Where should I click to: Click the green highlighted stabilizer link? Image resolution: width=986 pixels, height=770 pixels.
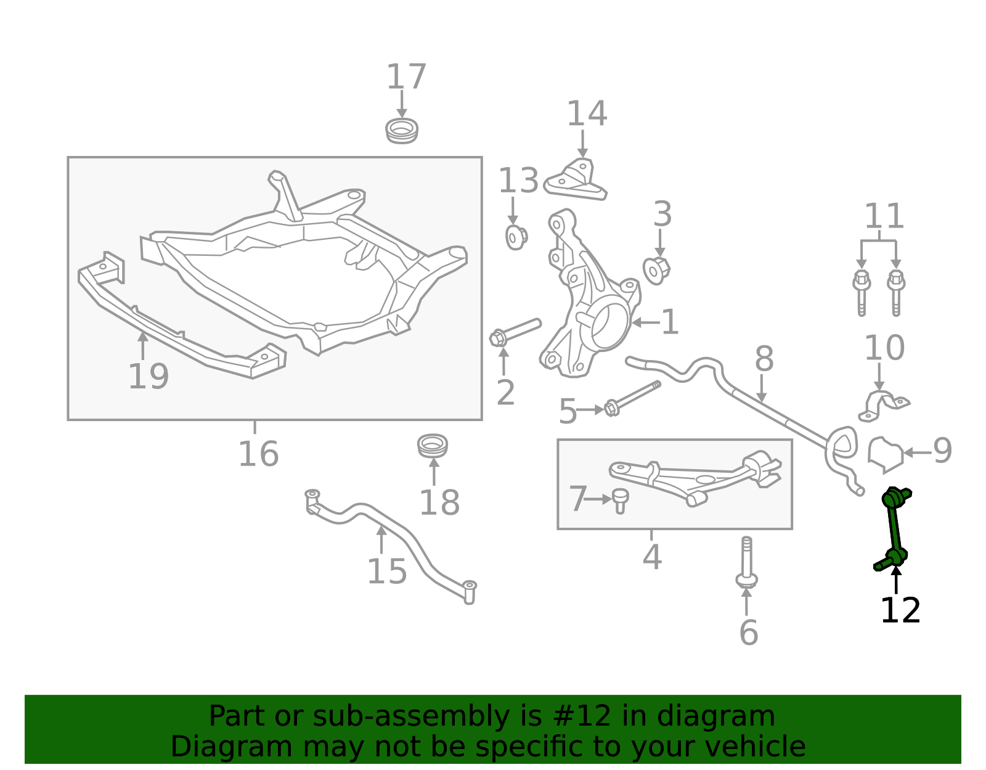click(x=893, y=528)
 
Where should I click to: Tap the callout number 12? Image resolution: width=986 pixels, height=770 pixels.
click(x=900, y=611)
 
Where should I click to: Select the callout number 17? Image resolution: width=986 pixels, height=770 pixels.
click(x=406, y=76)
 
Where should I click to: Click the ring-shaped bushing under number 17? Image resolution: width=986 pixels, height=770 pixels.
click(x=402, y=131)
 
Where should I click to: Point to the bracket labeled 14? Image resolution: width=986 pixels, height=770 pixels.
click(x=576, y=180)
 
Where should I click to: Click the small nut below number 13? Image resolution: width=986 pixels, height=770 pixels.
click(x=516, y=237)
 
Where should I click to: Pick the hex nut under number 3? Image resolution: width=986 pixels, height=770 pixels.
click(x=656, y=271)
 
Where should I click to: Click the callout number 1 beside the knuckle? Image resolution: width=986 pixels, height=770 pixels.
click(x=670, y=322)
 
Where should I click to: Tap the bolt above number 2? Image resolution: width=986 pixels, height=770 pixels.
click(x=515, y=332)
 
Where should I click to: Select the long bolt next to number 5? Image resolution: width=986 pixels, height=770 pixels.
click(x=632, y=399)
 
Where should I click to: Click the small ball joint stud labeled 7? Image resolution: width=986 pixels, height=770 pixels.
click(x=620, y=501)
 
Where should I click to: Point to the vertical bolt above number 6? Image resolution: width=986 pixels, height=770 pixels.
click(x=746, y=562)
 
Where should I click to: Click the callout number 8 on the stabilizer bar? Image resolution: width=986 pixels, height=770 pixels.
click(x=764, y=358)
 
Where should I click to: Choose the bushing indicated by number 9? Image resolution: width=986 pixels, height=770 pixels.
click(x=886, y=455)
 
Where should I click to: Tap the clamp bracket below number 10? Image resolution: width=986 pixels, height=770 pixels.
click(x=884, y=405)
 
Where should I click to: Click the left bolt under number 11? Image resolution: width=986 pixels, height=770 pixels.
click(x=862, y=293)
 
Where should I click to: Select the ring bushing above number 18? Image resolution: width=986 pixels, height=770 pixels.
click(x=433, y=446)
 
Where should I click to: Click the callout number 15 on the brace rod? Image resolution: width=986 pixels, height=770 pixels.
click(x=386, y=571)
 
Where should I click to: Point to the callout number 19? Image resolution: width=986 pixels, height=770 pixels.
click(x=149, y=377)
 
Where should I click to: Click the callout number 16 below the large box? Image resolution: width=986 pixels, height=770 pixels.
click(x=258, y=454)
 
